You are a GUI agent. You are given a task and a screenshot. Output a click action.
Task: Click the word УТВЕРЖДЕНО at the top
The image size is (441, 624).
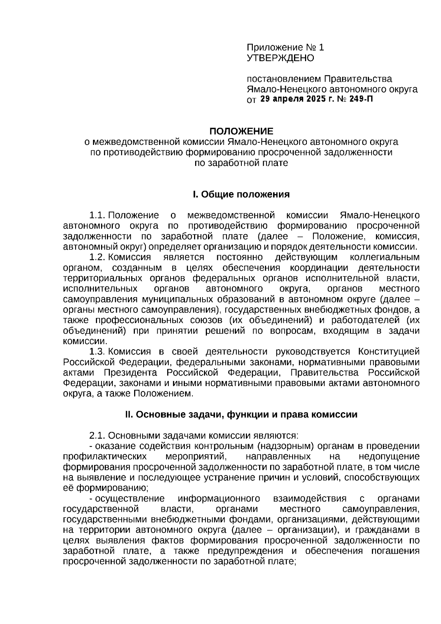point(280,58)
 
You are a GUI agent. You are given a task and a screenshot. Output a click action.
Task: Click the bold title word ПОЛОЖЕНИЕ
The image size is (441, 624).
point(241,131)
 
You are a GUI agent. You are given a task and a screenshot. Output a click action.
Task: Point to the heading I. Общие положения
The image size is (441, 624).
point(241,194)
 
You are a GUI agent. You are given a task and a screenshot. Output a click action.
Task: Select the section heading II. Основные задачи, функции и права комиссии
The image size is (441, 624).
point(241,414)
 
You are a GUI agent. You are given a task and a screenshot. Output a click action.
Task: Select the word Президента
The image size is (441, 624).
point(130,372)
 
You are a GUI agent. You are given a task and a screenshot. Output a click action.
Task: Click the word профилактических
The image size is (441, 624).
point(105,457)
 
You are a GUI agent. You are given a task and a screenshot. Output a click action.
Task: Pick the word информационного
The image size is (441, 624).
point(219,499)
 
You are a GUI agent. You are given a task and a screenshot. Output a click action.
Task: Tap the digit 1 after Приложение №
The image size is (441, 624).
point(322,47)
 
